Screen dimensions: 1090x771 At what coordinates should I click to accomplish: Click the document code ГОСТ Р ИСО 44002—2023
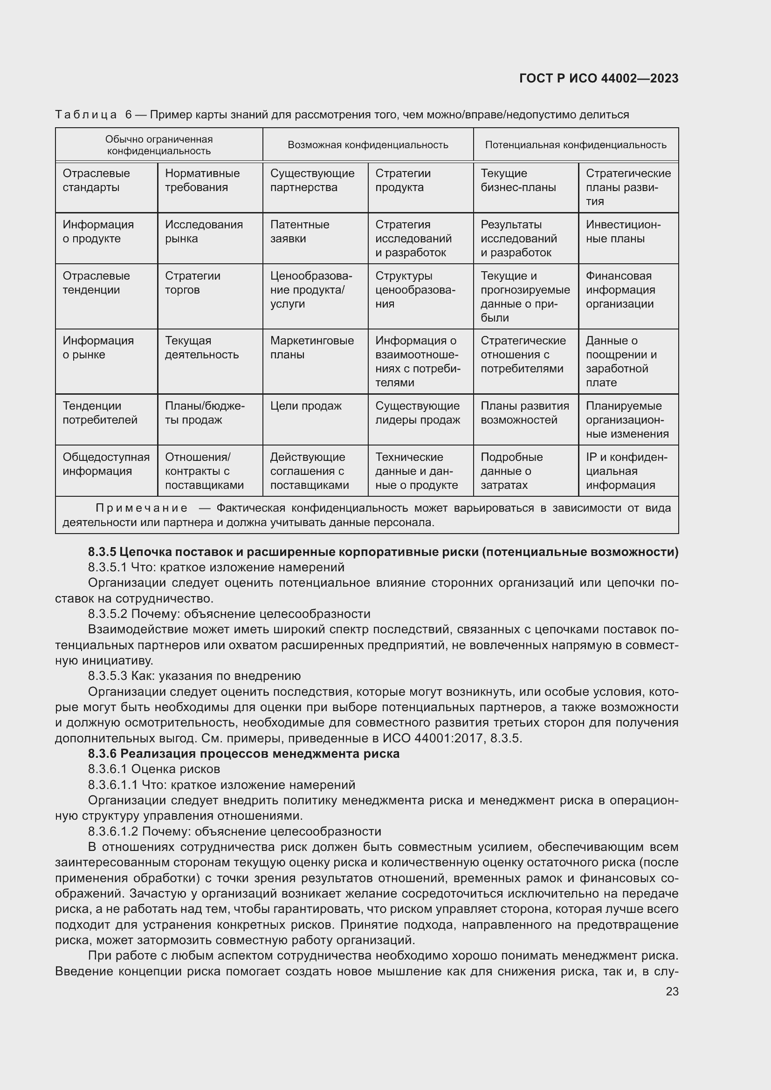[599, 78]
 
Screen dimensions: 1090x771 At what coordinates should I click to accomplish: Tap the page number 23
[672, 991]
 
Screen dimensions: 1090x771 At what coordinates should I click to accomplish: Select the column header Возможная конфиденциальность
[367, 145]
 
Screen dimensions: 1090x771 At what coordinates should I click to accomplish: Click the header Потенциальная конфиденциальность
[575, 145]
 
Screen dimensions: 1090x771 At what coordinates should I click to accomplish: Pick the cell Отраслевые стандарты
[96, 180]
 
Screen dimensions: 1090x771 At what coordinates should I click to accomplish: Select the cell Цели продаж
[305, 406]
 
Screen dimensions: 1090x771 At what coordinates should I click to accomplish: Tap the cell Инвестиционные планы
[622, 232]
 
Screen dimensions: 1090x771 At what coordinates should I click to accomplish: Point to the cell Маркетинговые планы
[311, 348]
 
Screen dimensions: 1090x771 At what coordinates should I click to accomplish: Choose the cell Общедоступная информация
[106, 464]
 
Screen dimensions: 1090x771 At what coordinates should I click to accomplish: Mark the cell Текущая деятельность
[201, 348]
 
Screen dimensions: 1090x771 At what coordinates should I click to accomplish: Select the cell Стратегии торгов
[192, 283]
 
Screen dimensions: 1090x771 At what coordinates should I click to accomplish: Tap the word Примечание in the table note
[142, 508]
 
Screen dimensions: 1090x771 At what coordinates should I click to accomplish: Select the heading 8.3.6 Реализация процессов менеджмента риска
[243, 754]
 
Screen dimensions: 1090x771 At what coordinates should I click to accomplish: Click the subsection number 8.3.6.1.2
[112, 831]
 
